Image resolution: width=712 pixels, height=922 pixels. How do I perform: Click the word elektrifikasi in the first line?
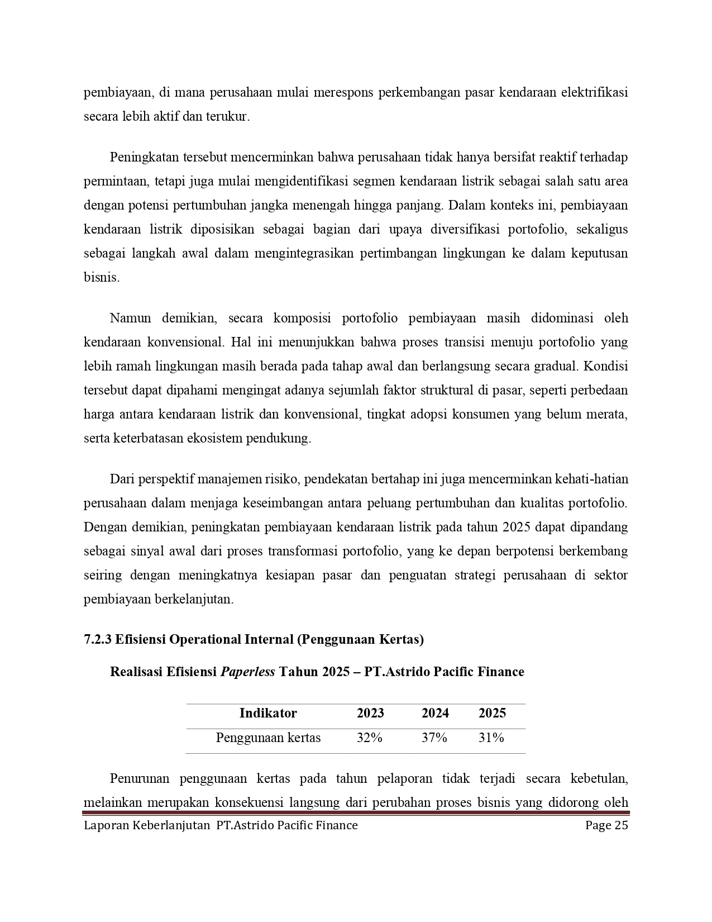[594, 92]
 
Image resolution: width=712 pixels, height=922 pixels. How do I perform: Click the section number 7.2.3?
[98, 639]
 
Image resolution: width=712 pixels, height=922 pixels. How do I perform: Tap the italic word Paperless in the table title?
[247, 672]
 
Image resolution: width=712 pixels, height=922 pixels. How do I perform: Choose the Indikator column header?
[268, 713]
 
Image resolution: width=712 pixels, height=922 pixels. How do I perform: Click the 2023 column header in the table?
[370, 713]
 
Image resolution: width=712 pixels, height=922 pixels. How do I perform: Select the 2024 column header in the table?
[435, 713]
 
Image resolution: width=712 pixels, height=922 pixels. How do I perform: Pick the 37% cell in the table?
[434, 738]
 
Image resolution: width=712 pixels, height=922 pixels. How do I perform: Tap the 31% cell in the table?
[491, 738]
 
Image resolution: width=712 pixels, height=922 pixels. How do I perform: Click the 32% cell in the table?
[370, 738]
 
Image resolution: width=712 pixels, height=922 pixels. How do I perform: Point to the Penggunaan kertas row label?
[268, 738]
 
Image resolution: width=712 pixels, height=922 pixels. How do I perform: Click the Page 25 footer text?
[606, 825]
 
